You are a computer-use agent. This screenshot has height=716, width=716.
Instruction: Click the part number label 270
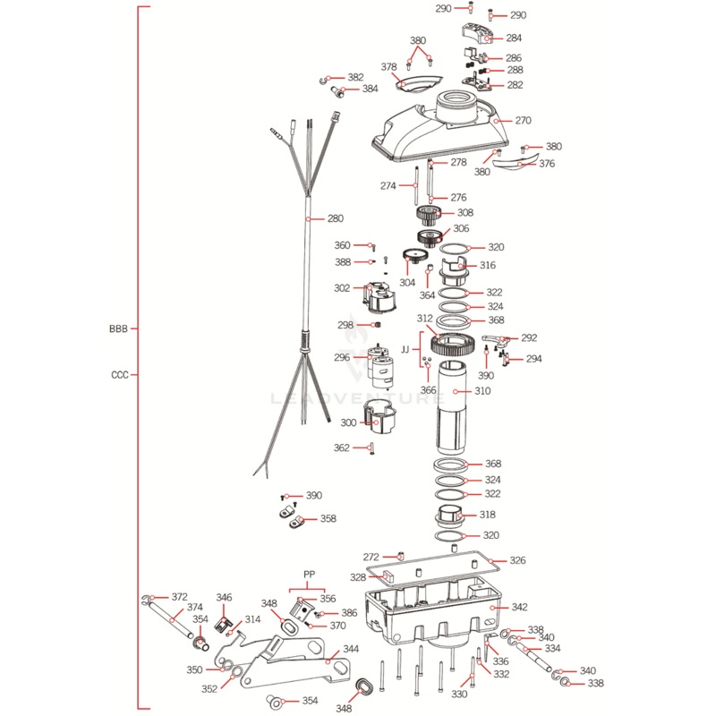(x=523, y=120)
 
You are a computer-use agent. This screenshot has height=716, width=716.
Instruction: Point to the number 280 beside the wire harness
(x=335, y=218)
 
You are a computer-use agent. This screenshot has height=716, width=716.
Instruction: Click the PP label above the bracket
(x=310, y=575)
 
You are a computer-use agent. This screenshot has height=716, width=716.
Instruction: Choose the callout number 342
(x=520, y=608)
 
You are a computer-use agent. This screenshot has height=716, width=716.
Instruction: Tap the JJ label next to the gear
(x=405, y=348)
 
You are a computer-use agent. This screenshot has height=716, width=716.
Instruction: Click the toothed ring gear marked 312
(x=459, y=341)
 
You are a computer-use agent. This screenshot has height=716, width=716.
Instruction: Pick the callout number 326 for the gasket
(x=518, y=560)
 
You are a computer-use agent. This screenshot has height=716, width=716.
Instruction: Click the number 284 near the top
(x=514, y=38)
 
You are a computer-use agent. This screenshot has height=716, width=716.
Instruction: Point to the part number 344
(x=351, y=648)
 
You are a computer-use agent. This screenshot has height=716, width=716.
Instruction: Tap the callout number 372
(x=180, y=596)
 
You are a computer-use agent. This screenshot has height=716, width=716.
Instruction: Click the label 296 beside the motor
(x=342, y=357)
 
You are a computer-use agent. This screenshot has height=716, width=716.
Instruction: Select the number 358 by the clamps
(x=328, y=518)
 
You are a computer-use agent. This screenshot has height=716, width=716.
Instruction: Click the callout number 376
(x=547, y=164)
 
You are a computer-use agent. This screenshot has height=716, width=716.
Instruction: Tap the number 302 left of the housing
(x=342, y=288)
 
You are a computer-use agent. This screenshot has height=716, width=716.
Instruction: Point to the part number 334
(x=552, y=649)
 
